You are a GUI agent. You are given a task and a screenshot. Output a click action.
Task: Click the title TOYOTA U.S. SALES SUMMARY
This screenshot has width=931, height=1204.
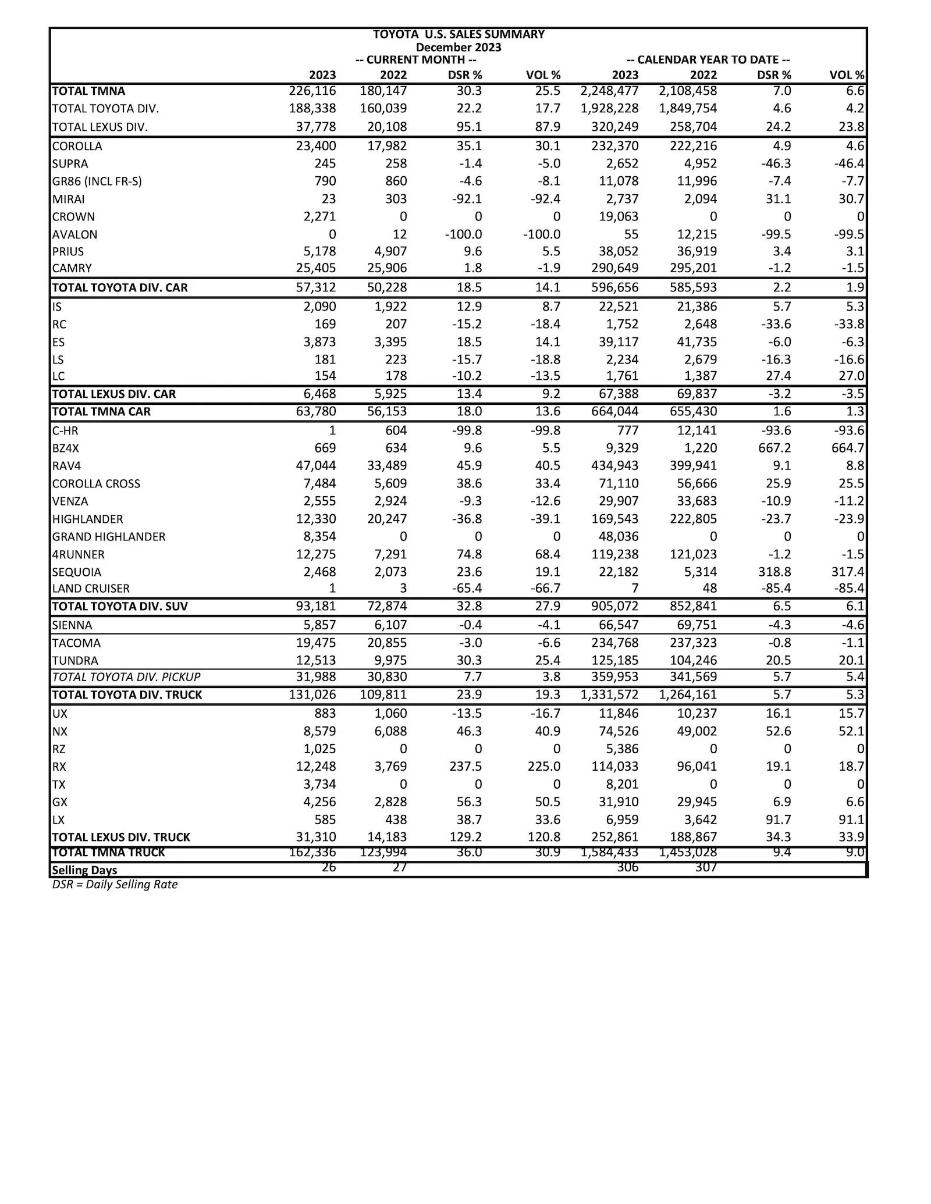(x=459, y=34)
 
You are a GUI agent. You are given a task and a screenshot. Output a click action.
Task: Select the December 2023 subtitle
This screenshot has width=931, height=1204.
(x=459, y=47)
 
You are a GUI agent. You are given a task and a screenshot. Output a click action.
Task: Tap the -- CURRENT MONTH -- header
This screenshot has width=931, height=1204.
(x=415, y=60)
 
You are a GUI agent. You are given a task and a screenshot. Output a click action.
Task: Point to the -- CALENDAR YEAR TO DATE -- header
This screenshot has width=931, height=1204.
(x=708, y=60)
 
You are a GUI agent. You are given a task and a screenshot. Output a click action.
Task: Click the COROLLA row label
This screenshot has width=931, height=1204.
(x=77, y=146)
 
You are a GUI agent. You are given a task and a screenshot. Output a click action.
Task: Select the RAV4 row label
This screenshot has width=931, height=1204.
(x=66, y=466)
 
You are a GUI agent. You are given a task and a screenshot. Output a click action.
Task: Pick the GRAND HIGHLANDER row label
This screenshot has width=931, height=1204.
(x=109, y=537)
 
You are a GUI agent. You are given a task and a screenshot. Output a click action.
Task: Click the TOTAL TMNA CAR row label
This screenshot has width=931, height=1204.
(x=101, y=412)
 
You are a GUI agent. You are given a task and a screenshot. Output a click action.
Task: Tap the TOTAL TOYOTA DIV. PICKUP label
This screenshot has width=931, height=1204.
(x=126, y=677)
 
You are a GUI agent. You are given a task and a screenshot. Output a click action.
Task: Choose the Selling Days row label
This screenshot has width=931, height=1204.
(x=84, y=870)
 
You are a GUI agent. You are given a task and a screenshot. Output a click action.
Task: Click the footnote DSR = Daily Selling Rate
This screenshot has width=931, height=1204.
(x=115, y=885)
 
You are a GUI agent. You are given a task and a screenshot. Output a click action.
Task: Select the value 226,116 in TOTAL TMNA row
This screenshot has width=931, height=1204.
(x=312, y=91)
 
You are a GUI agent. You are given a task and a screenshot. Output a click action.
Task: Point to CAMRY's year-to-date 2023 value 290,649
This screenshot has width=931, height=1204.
(x=614, y=268)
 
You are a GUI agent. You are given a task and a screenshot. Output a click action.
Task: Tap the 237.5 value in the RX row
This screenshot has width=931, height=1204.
(x=465, y=767)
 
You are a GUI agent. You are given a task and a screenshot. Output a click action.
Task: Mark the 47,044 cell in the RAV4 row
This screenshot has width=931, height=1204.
(x=316, y=466)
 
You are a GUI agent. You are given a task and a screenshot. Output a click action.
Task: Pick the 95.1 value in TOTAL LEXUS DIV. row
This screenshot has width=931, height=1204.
(x=469, y=127)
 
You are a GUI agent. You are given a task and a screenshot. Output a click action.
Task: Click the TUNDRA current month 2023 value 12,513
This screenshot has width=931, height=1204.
(x=316, y=661)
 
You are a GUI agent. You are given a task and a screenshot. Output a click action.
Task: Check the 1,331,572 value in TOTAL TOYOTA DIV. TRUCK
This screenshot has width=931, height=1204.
(x=609, y=695)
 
